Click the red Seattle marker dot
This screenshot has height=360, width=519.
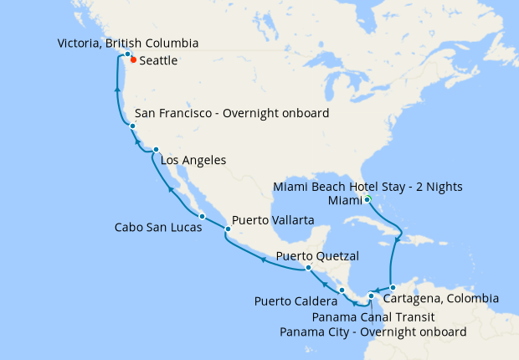click(x=133, y=59)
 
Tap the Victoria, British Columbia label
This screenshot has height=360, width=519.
click(x=129, y=43)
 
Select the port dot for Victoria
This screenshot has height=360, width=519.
click(x=127, y=54)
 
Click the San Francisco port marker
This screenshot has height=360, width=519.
click(x=132, y=126)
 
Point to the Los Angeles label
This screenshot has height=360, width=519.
click(x=193, y=160)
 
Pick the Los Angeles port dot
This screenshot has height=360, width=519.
click(x=157, y=150)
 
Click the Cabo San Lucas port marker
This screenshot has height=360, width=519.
click(x=202, y=217)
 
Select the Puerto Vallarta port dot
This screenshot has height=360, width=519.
click(x=226, y=229)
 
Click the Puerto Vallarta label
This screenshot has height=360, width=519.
click(x=273, y=219)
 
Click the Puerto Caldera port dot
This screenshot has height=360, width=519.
click(x=342, y=290)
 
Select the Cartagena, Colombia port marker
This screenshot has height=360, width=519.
click(x=393, y=287)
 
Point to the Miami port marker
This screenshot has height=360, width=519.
click(x=367, y=199)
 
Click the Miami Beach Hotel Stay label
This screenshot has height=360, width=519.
click(x=369, y=186)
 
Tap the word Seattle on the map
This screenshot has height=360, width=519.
click(x=159, y=61)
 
